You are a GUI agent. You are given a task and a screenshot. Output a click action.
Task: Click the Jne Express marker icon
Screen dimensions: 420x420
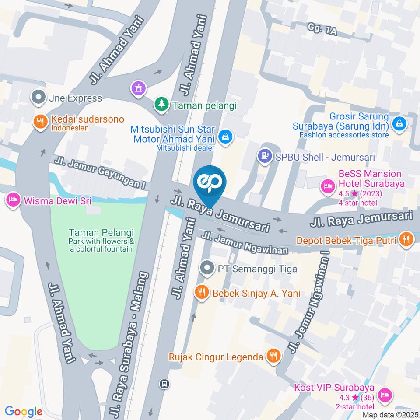coord(38,98)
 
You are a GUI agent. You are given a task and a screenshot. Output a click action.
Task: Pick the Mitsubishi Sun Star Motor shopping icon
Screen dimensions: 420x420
coord(226,136)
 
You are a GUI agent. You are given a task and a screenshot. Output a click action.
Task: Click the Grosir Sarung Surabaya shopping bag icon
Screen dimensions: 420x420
coord(400,123)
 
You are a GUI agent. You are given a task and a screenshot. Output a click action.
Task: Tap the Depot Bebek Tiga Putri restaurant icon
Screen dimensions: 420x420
coord(406,240)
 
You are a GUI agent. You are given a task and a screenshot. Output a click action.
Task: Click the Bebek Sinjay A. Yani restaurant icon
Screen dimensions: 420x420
coord(202,292)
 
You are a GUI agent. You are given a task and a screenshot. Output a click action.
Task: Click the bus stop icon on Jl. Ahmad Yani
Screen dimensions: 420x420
coord(164,384)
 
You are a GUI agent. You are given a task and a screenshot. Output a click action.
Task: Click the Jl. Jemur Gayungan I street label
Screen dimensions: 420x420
coord(100,172)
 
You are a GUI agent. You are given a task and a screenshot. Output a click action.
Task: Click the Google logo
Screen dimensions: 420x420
coord(24,411)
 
